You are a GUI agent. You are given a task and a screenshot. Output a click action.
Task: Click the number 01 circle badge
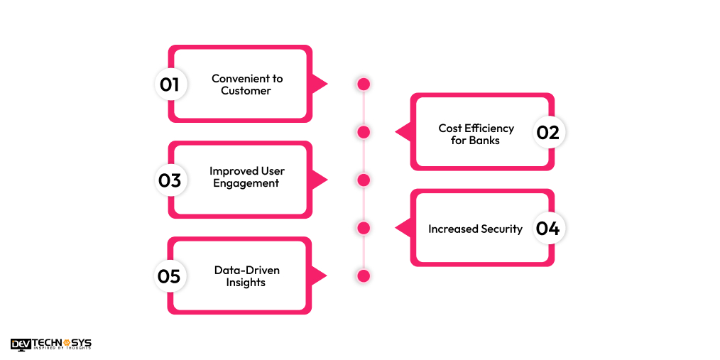[170, 84]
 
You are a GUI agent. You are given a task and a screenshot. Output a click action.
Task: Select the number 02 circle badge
[548, 132]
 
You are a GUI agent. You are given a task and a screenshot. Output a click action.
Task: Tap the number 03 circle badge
[170, 180]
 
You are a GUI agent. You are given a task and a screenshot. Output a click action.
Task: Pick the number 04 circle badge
[548, 228]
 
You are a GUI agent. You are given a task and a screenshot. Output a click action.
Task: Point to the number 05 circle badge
[170, 276]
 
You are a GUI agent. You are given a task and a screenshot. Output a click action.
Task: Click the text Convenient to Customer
[246, 84]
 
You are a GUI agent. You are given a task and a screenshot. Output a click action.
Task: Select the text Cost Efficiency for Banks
[476, 133]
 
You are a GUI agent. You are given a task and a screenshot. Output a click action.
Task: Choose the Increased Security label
[475, 229]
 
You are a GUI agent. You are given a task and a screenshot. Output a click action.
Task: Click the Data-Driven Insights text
[246, 276]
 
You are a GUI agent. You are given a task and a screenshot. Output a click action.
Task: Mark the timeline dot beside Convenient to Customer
[364, 84]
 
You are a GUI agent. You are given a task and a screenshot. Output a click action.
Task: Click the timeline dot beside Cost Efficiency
[364, 132]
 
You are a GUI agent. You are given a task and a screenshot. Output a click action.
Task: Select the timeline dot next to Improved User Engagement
[364, 180]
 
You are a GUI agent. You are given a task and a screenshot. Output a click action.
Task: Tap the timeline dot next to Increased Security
[364, 228]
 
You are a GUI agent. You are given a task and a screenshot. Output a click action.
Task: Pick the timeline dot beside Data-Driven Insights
[364, 276]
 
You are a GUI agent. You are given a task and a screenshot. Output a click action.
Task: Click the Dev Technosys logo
[51, 344]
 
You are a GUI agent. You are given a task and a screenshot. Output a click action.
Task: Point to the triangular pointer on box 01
[319, 84]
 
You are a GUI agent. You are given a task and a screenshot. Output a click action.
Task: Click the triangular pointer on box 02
[403, 132]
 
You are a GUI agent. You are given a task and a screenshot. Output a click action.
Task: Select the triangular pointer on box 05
[319, 276]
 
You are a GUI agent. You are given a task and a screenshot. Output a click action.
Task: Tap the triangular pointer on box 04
[403, 228]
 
